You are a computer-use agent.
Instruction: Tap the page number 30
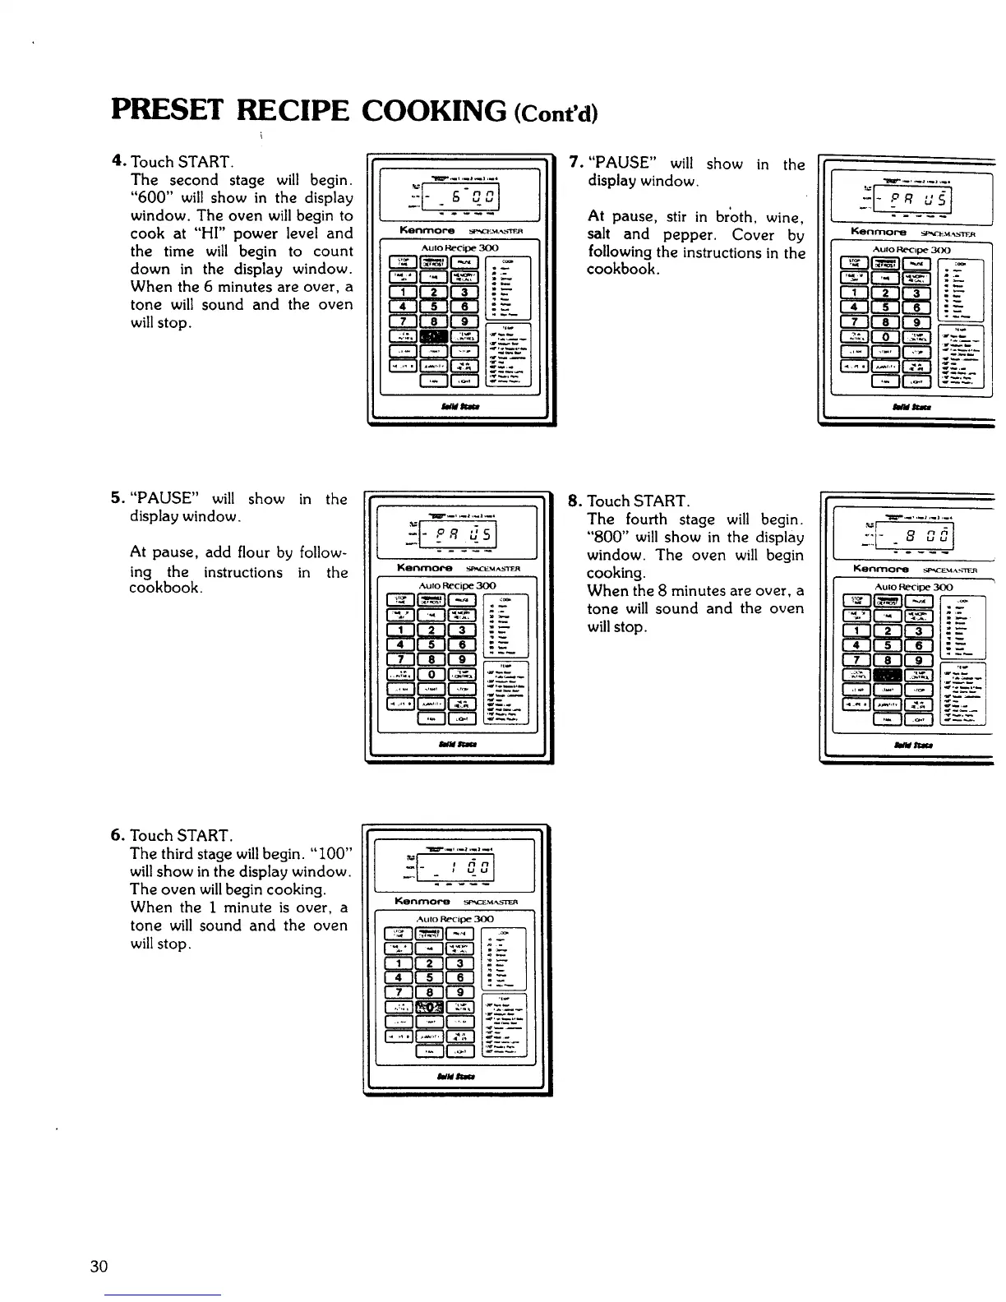pyautogui.click(x=99, y=1266)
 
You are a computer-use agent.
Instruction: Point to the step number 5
pyautogui.click(x=118, y=499)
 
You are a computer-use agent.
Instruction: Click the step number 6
pyautogui.click(x=118, y=836)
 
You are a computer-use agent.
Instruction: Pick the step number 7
pyautogui.click(x=575, y=162)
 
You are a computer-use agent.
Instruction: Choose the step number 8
pyautogui.click(x=575, y=500)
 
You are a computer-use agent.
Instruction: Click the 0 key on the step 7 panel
pyautogui.click(x=884, y=339)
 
